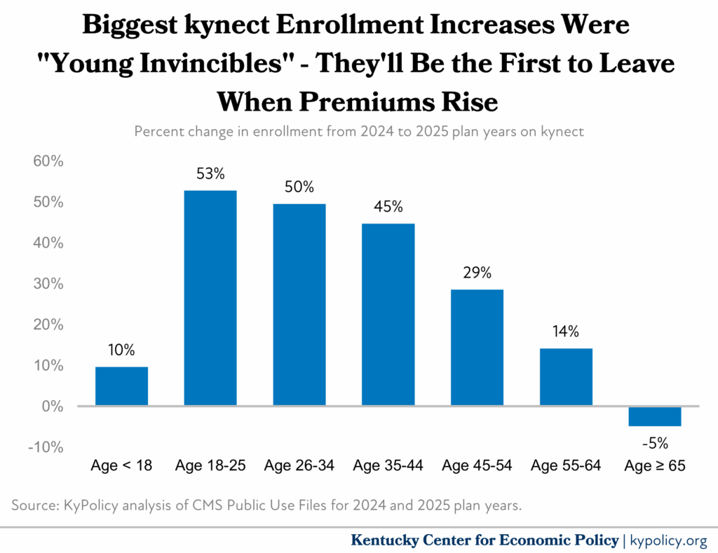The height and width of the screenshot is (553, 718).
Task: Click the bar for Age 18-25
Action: tap(210, 298)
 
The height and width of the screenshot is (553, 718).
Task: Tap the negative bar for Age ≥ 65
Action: tap(655, 416)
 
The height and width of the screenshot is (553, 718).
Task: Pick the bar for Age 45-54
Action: tap(477, 348)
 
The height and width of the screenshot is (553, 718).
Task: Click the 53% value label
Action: tap(210, 175)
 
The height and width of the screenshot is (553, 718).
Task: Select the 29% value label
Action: tap(477, 273)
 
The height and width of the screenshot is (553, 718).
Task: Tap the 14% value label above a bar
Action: tap(566, 332)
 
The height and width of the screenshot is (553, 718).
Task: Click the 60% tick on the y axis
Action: tap(48, 161)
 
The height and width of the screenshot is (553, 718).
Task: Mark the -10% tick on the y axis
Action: tap(46, 447)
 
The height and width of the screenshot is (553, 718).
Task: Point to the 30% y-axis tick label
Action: tap(48, 284)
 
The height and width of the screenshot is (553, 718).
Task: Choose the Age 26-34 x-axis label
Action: tap(299, 466)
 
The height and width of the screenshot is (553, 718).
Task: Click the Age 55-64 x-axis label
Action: tap(566, 466)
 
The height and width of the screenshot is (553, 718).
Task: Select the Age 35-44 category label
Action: tap(388, 466)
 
